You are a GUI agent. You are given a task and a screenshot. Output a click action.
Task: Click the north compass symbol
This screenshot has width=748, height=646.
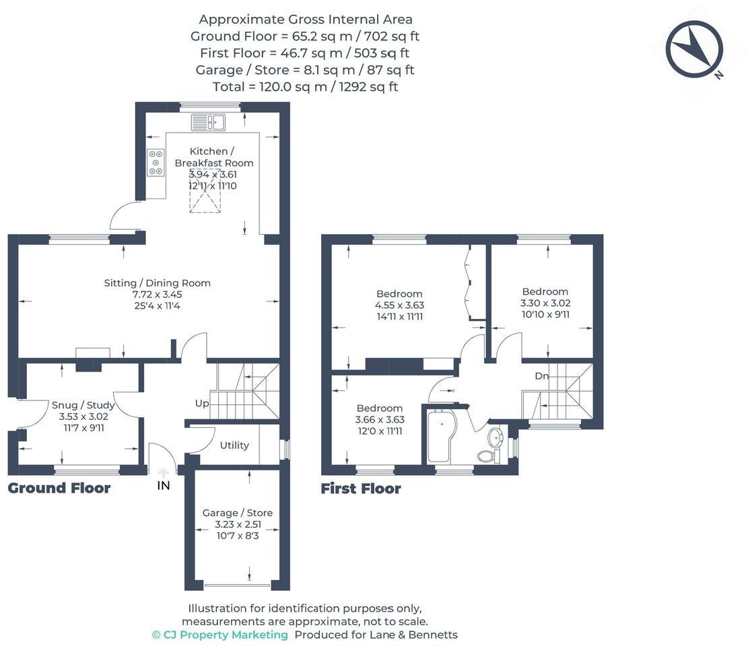click(x=694, y=49)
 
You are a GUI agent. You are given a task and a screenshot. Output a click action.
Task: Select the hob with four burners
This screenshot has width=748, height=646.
click(x=156, y=162)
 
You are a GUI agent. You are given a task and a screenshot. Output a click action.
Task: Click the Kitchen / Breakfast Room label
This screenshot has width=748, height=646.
click(x=213, y=157)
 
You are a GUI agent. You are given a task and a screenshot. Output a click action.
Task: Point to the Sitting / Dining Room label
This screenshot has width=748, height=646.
click(x=157, y=283)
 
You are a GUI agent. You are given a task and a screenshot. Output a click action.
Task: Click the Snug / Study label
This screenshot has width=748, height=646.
click(x=83, y=405)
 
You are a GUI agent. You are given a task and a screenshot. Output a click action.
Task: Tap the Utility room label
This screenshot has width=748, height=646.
click(x=234, y=445)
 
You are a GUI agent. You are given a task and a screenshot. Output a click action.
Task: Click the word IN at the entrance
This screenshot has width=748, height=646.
click(x=164, y=485)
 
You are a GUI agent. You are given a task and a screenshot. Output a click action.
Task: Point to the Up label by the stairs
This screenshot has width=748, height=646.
click(x=202, y=404)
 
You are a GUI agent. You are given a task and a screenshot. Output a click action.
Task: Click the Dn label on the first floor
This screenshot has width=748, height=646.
click(x=543, y=375)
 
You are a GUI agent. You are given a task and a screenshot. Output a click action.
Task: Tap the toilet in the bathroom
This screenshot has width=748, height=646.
click(x=487, y=456)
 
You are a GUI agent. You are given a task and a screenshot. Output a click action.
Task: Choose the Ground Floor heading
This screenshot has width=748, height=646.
click(x=59, y=488)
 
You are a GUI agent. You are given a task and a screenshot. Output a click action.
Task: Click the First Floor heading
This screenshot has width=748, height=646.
click(x=361, y=489)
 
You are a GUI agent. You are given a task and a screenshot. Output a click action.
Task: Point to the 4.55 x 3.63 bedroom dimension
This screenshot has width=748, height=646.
click(x=399, y=305)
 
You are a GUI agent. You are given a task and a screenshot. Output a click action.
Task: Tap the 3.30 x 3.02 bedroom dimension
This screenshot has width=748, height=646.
click(x=545, y=303)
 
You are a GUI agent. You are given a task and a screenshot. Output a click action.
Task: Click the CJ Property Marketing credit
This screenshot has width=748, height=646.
click(x=220, y=635)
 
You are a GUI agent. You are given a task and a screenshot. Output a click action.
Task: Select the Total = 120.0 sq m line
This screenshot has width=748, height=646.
click(x=305, y=86)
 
